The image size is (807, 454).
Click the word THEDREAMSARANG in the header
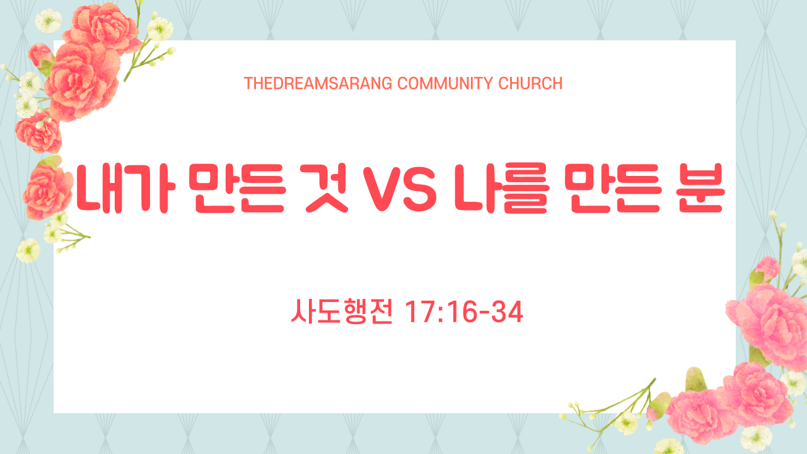click(318, 84)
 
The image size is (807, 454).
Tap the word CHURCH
click(530, 84)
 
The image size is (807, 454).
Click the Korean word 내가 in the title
click(125, 188)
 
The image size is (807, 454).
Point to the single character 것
click(327, 188)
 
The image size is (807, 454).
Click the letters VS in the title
click(400, 189)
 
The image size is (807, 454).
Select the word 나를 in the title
click(501, 188)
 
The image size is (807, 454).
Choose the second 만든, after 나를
click(613, 188)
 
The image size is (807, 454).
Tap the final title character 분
click(700, 188)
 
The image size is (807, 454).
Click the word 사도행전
click(342, 311)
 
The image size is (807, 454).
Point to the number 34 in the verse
click(508, 312)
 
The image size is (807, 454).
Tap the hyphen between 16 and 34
click(485, 313)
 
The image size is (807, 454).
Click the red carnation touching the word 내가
click(47, 192)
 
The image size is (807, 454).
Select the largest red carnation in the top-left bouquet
click(82, 81)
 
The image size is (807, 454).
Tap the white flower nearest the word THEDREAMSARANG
click(160, 29)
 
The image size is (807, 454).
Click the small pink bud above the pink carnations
click(767, 269)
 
